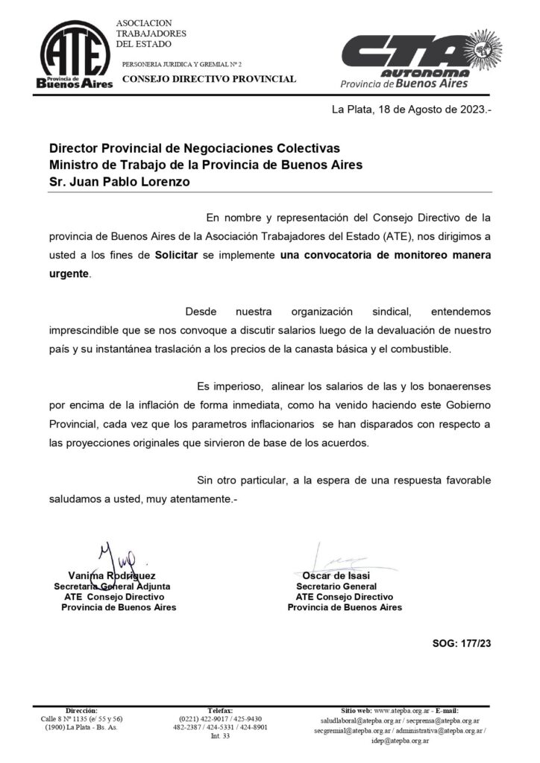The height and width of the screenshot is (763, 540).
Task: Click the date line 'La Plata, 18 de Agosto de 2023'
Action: pyautogui.click(x=412, y=110)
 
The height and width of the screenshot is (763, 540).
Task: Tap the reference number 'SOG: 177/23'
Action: pyautogui.click(x=462, y=642)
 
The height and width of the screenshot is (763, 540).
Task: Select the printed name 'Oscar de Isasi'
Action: pyautogui.click(x=336, y=576)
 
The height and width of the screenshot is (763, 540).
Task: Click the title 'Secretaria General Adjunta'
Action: pyautogui.click(x=113, y=586)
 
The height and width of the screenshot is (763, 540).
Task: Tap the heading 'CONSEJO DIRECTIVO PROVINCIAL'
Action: pyautogui.click(x=209, y=79)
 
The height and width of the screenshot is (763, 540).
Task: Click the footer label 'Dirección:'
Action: pyautogui.click(x=82, y=710)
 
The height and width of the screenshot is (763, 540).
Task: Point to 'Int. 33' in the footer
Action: pyautogui.click(x=221, y=736)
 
